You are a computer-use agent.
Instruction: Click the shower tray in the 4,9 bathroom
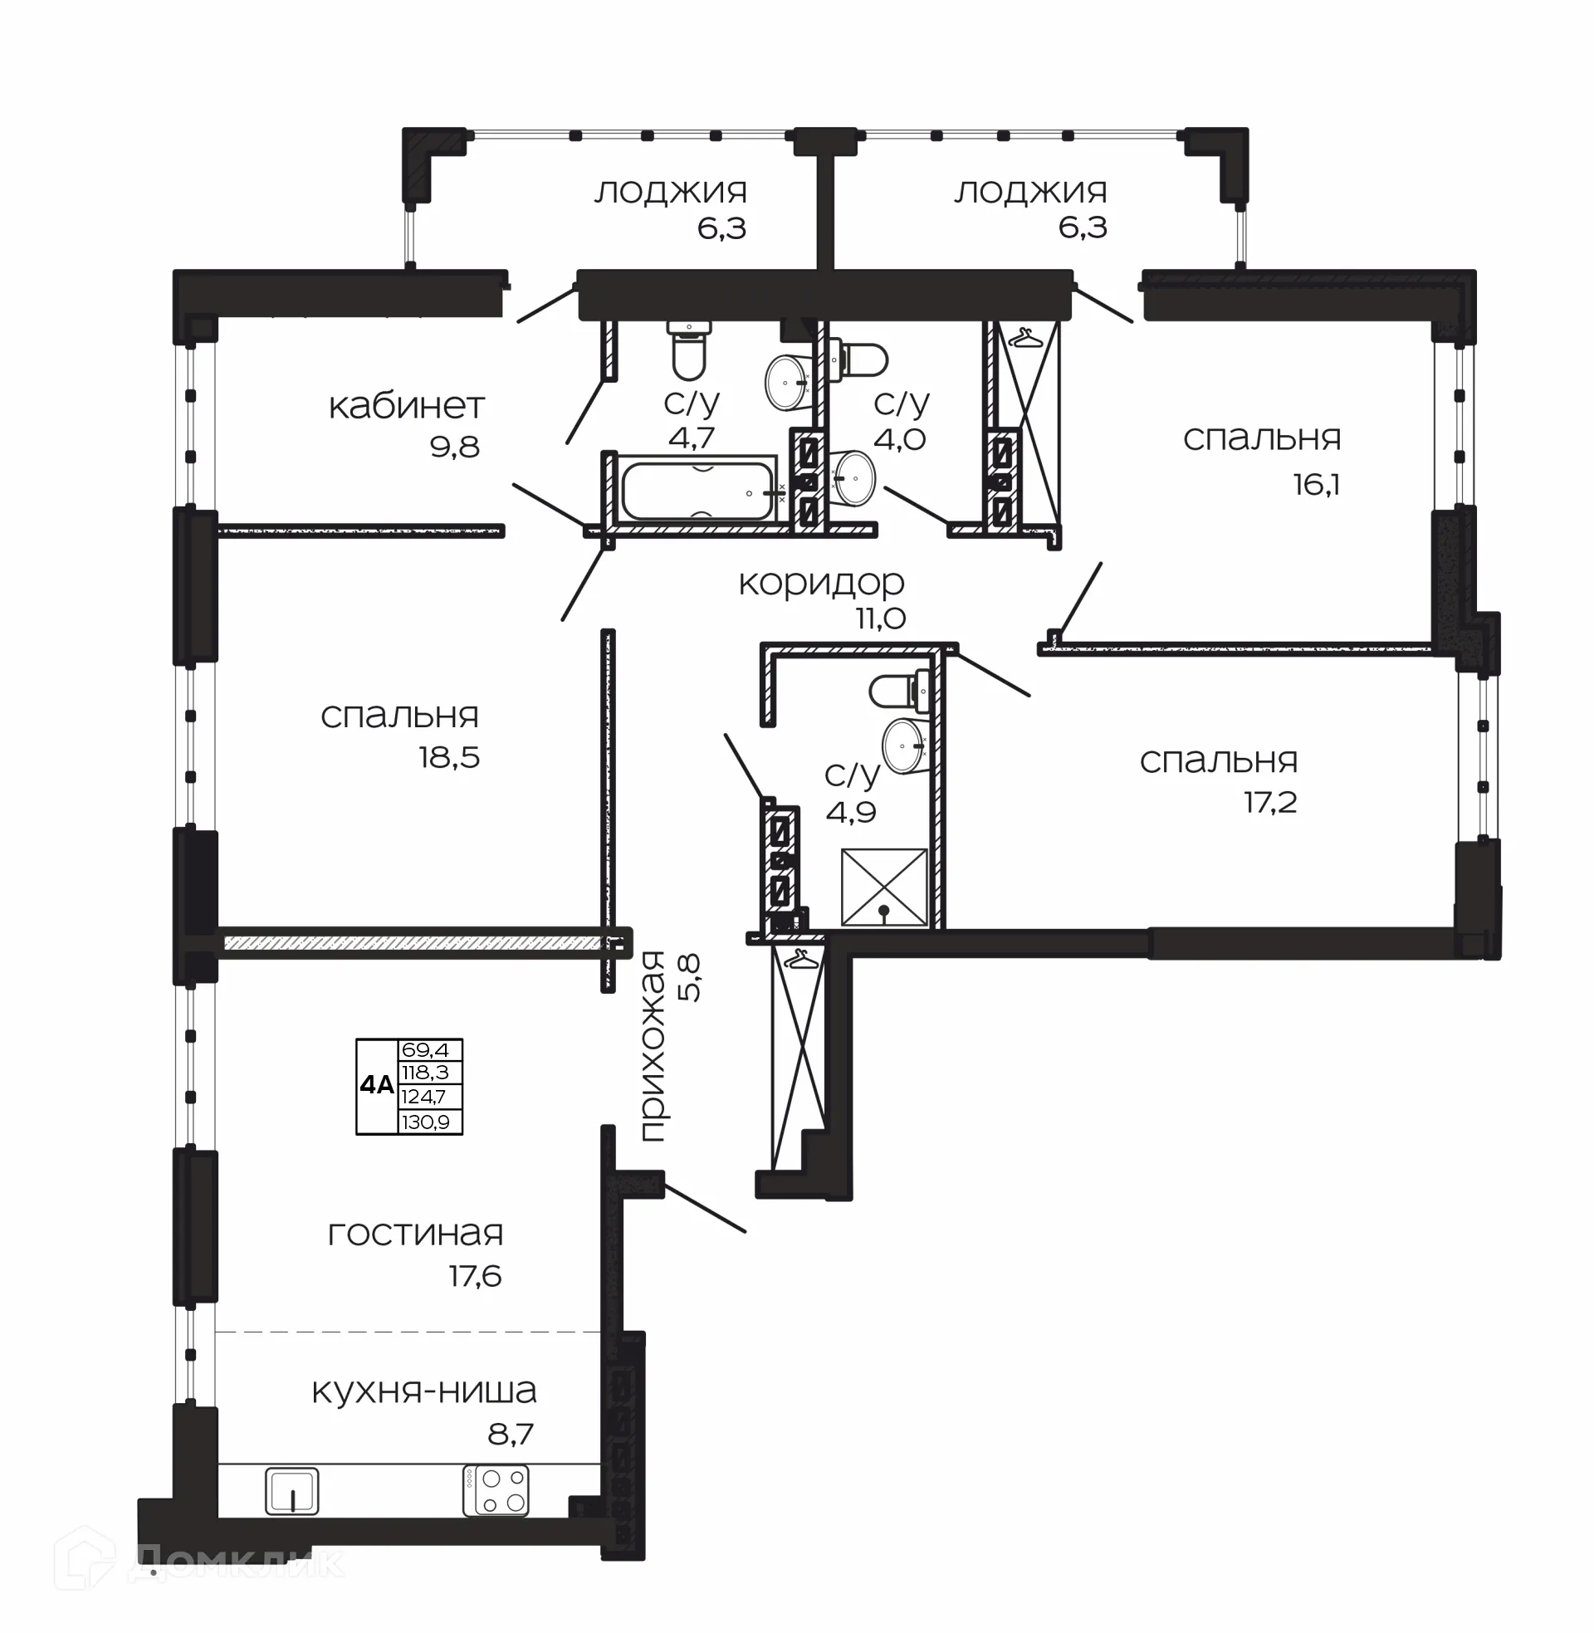884,887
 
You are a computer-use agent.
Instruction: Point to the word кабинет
406,407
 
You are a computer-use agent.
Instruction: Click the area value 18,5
450,757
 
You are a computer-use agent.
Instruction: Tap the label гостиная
415,1233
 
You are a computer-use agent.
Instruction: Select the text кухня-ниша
423,1391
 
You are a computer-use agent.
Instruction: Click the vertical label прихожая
653,1046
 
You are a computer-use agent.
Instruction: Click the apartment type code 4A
376,1086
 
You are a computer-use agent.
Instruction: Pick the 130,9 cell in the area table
425,1122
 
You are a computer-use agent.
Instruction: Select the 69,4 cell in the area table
425,1049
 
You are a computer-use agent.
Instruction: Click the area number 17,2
1270,802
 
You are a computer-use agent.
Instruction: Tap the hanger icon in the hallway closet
800,959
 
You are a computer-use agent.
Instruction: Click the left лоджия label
671,192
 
